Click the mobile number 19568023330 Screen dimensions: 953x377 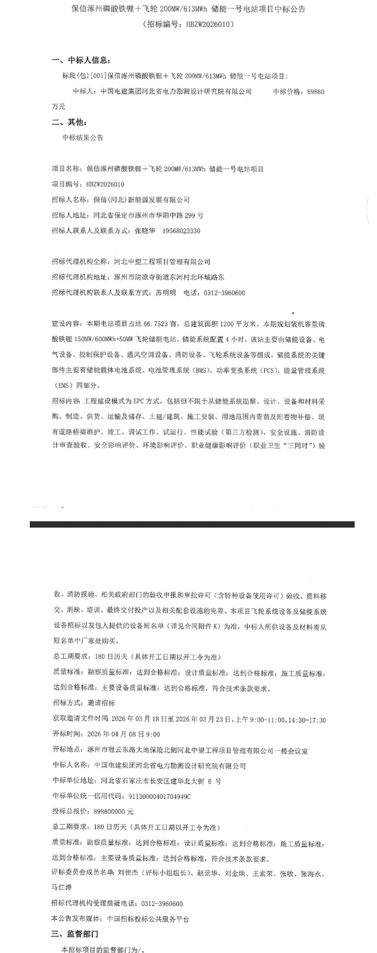tap(182, 231)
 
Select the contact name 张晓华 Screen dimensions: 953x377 tap(144, 231)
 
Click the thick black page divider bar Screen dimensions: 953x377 tap(192, 524)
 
